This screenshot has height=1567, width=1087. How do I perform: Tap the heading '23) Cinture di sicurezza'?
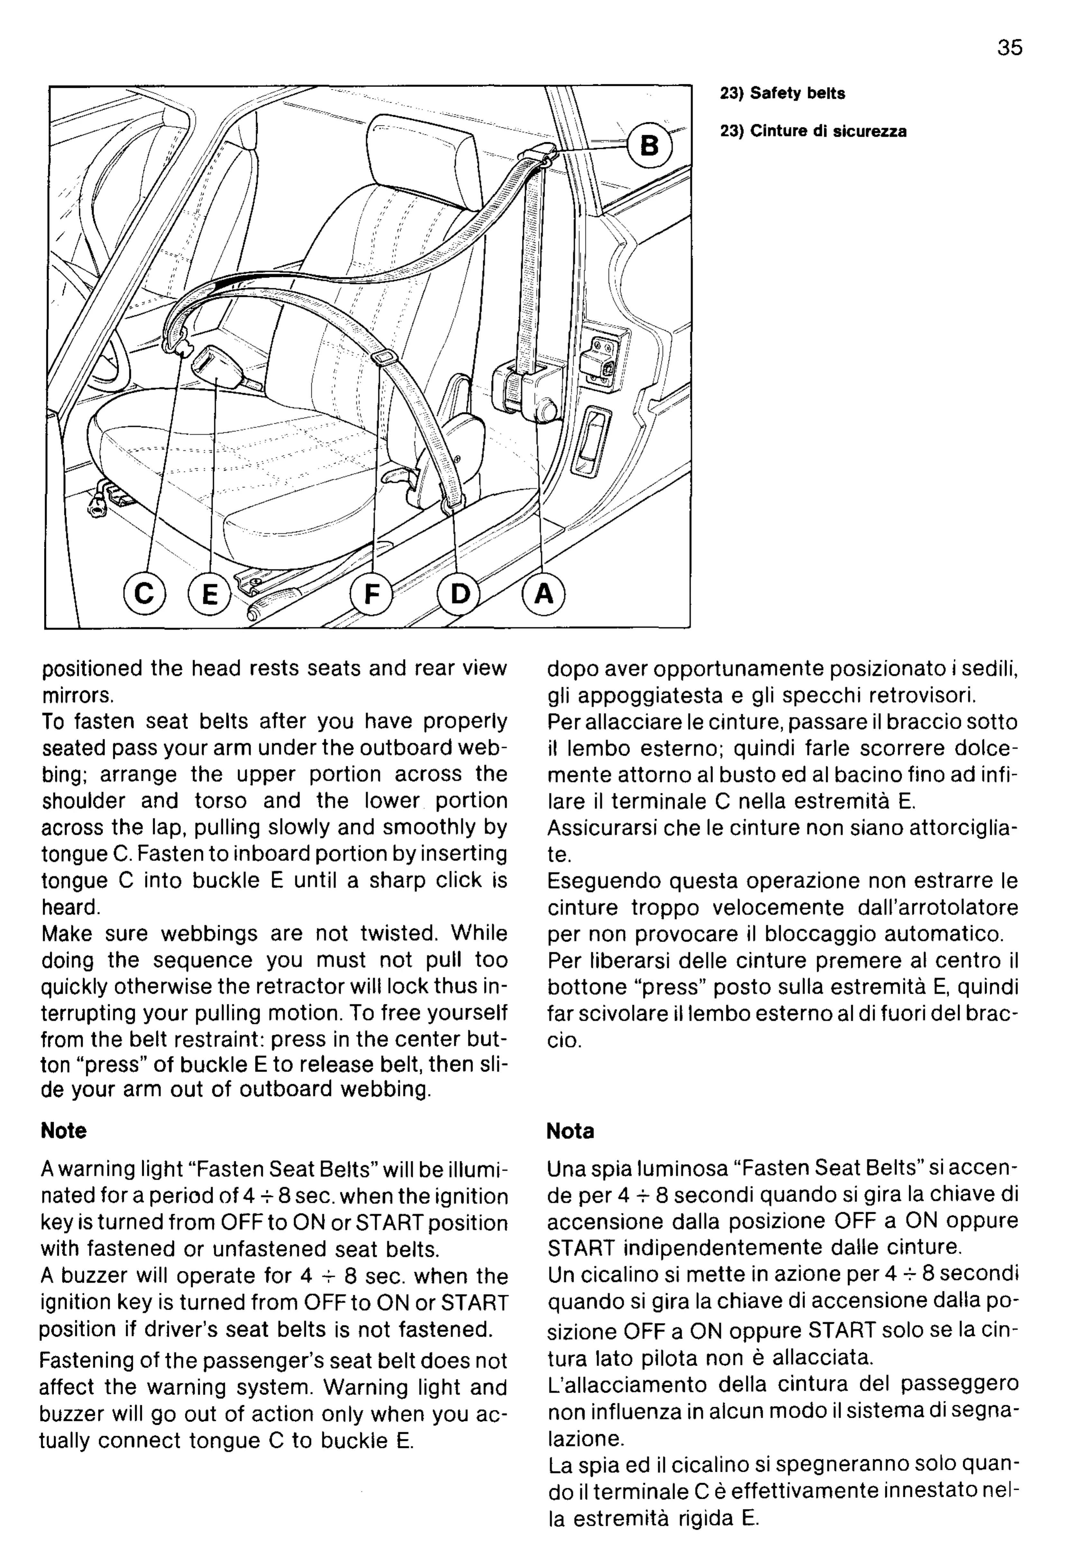coord(813,132)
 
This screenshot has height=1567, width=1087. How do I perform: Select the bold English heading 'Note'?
coord(63,1131)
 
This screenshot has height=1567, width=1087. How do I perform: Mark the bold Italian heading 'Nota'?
coord(570,1131)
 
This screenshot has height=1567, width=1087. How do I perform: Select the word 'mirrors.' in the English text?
coord(77,695)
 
